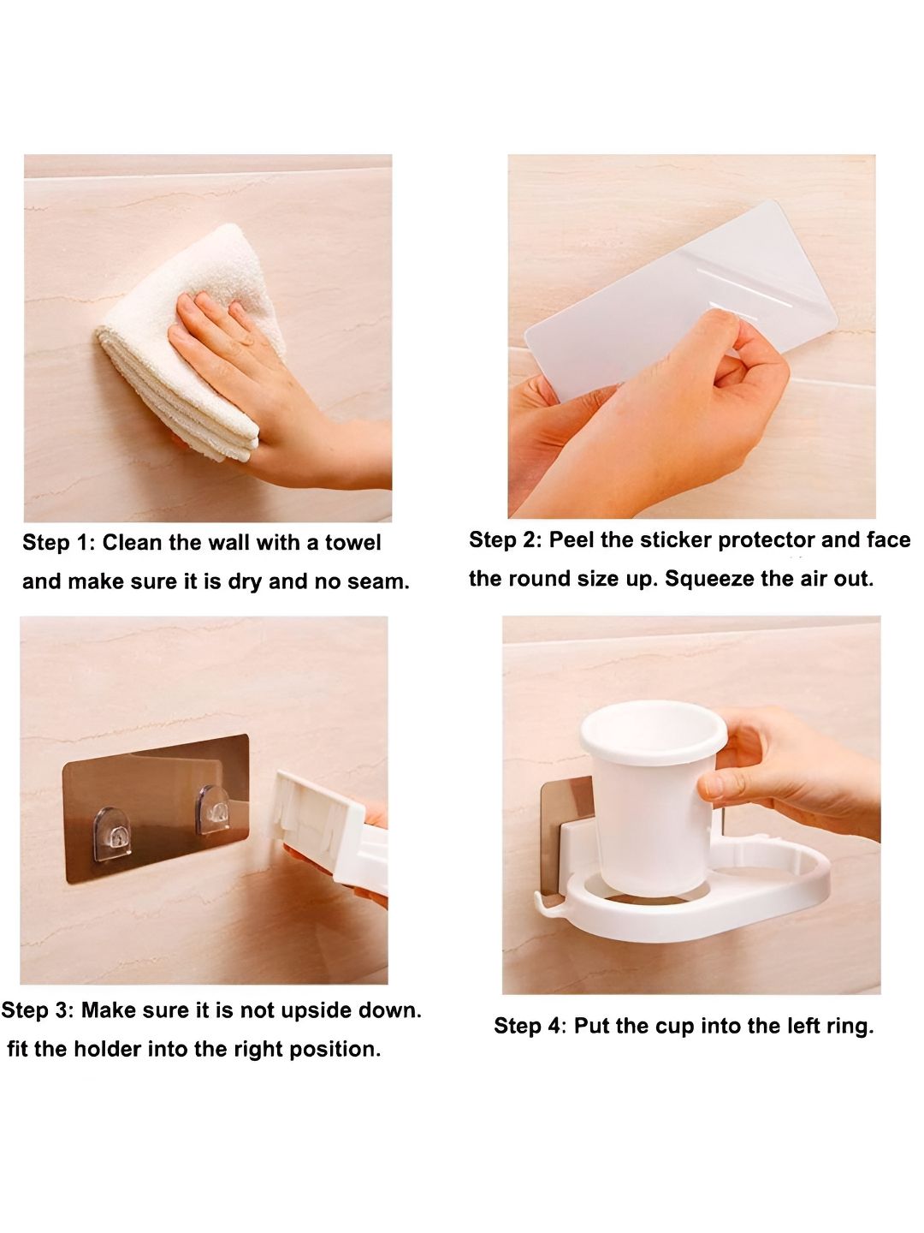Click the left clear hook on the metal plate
pos(112,833)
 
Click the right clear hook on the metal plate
pos(213,809)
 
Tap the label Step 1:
pos(59,543)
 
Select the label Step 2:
pos(506,539)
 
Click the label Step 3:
pos(38,1010)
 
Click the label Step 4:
pos(530,1027)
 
